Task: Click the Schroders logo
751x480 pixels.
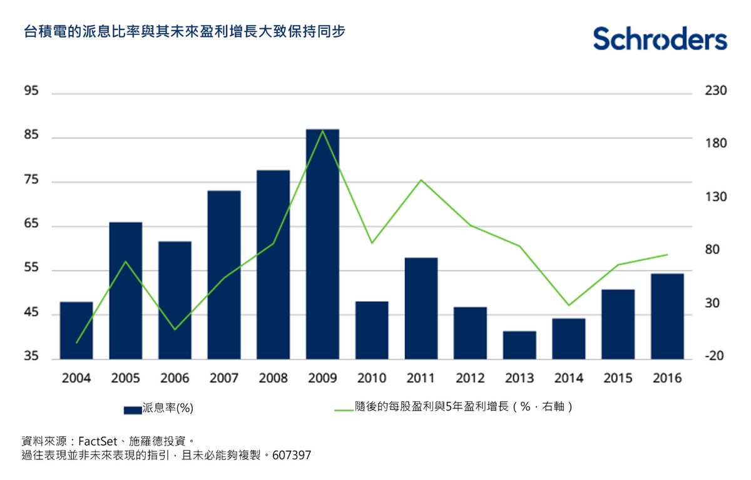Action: pos(660,39)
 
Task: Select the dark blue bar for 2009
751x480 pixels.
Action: pos(322,244)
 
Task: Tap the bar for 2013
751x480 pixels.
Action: pos(519,345)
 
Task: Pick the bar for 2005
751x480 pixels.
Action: pos(126,290)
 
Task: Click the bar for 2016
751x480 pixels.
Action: pos(667,316)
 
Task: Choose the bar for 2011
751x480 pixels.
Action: pos(421,308)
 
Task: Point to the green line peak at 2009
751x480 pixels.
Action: pos(322,131)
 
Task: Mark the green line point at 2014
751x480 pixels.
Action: pos(568,305)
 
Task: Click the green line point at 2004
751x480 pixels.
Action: pos(76,343)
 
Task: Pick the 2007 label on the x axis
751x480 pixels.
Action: pos(224,379)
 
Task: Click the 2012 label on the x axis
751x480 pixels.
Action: pos(470,379)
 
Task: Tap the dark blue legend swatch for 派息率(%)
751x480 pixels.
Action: pos(133,410)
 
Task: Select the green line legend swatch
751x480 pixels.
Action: pos(344,410)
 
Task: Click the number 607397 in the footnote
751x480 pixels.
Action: pos(292,456)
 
